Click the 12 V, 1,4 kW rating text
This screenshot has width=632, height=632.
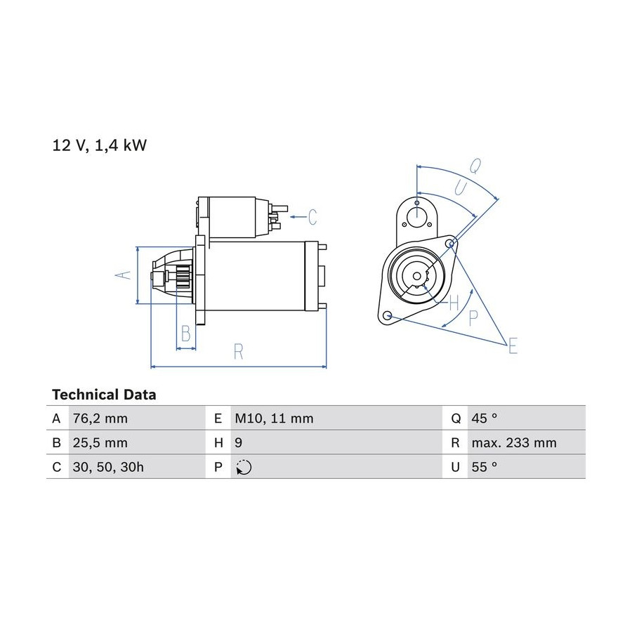coord(100,145)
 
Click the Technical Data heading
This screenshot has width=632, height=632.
coord(104,395)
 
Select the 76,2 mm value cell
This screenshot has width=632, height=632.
coord(100,419)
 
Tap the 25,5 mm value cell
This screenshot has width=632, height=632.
coord(100,443)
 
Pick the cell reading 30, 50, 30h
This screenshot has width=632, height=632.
coord(108,467)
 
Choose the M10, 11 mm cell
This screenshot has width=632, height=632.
coord(274,419)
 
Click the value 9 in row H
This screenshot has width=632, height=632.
coord(239,443)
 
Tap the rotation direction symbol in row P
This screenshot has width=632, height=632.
coord(244,468)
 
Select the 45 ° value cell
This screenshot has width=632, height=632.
coord(485,419)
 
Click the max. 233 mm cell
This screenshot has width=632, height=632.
coord(514,443)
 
